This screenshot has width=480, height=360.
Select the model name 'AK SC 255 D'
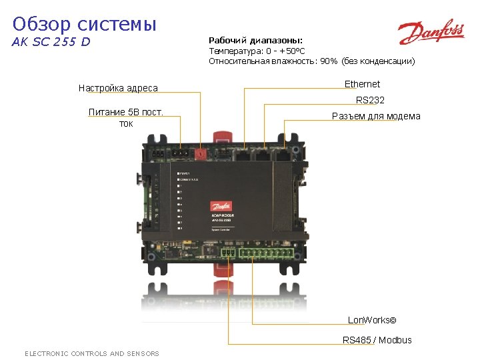click(x=51, y=43)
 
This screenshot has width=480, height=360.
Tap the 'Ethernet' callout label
click(x=362, y=84)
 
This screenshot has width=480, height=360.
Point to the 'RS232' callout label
click(x=370, y=100)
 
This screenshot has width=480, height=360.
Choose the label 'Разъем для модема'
click(x=376, y=116)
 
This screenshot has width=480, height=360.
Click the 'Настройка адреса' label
click(x=118, y=88)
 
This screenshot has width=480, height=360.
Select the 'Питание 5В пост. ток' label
click(x=126, y=117)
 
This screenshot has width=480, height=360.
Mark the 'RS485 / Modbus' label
click(x=377, y=340)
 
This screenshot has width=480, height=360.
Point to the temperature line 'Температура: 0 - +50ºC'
click(x=257, y=51)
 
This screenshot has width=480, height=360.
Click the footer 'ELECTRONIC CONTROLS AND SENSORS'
click(x=92, y=353)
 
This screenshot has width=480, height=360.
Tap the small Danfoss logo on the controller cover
click(x=221, y=206)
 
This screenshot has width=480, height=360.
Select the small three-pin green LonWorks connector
click(x=228, y=253)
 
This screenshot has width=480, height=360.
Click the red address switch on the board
click(x=201, y=153)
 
